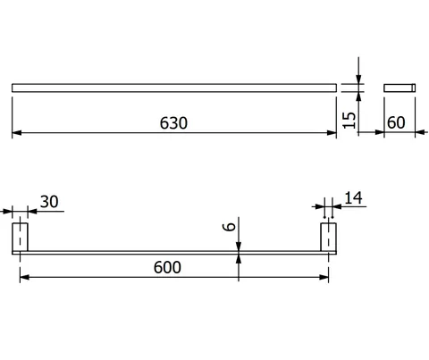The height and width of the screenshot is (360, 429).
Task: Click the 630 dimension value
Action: [x=173, y=123]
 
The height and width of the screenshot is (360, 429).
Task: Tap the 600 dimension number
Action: [x=167, y=267]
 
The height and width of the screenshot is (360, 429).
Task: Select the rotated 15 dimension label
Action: [x=349, y=121]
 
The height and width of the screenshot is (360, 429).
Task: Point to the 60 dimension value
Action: [x=396, y=122]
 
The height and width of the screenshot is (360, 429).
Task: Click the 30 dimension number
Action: [x=49, y=202]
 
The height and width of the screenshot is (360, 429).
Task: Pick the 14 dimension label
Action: [x=353, y=198]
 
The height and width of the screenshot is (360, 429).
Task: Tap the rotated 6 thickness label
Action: [x=229, y=227]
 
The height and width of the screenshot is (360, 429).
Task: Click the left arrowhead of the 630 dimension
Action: [x=17, y=133]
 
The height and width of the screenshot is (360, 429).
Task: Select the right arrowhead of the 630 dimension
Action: [x=332, y=133]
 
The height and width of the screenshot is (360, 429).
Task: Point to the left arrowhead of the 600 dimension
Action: [x=24, y=277]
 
